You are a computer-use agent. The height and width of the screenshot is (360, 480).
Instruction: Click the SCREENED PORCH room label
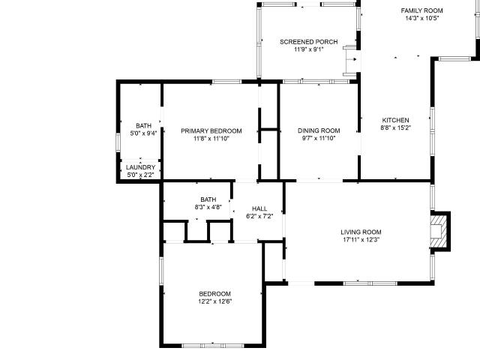[308, 42]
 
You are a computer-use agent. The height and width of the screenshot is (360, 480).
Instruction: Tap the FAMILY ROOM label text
[421, 10]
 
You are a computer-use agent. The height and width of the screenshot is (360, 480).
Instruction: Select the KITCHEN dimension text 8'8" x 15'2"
[395, 128]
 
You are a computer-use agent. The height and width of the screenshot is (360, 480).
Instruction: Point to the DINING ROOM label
[319, 130]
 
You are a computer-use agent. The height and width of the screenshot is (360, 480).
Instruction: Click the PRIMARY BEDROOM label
[211, 131]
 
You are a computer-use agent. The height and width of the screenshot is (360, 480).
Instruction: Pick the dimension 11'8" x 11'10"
[211, 139]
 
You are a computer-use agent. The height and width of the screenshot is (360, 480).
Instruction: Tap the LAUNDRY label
[140, 167]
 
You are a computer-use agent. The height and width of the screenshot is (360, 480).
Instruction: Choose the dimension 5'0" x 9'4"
[143, 133]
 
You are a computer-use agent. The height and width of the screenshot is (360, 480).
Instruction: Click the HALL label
[259, 208]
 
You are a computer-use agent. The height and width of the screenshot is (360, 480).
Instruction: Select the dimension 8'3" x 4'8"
[208, 207]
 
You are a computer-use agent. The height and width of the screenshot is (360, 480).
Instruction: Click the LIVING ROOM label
[361, 232]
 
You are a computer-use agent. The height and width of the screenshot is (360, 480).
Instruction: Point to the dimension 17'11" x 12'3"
[361, 240]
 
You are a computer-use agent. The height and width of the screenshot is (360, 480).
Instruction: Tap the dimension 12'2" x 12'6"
[215, 301]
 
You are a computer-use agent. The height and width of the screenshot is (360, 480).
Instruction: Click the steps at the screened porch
[350, 61]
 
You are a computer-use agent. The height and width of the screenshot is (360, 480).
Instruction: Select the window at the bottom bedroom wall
[213, 346]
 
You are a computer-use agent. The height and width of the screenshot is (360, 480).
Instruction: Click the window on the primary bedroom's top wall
[226, 82]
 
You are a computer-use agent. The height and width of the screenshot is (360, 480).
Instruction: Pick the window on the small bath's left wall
[118, 142]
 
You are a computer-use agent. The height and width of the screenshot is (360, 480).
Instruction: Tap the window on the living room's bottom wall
[370, 283]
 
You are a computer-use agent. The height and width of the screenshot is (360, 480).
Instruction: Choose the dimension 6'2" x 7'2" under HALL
[259, 217]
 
